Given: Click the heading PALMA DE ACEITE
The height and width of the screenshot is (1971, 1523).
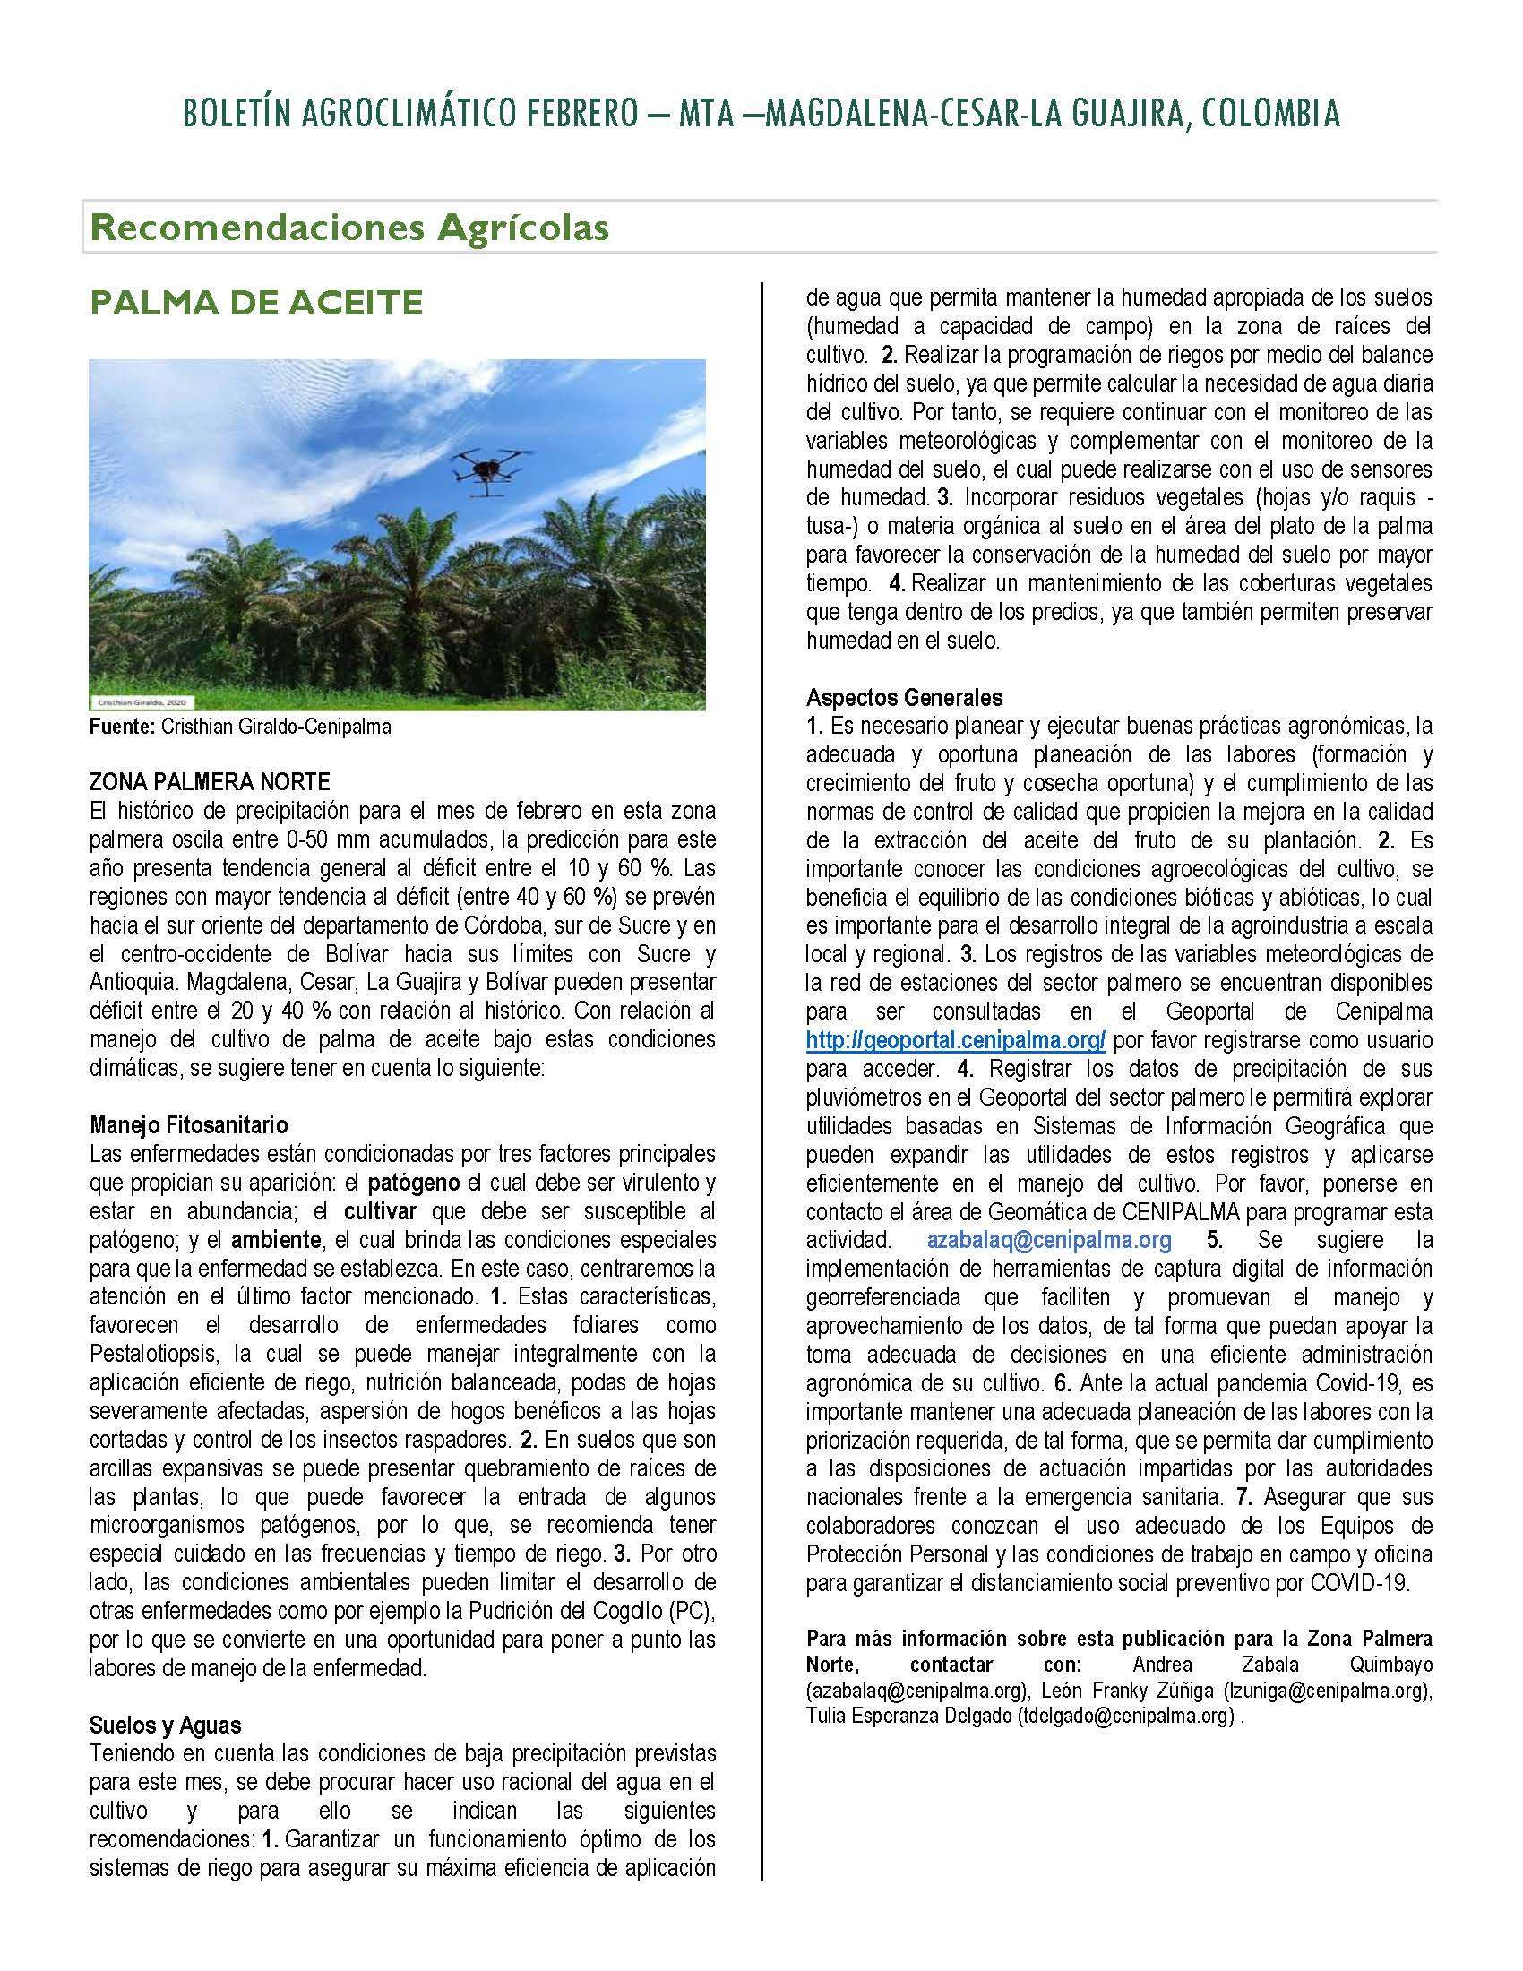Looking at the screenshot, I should tap(256, 303).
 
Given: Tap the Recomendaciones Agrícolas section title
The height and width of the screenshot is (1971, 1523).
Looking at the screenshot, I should tap(349, 228).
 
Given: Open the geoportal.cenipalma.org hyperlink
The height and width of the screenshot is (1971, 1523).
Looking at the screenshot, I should tap(956, 1039).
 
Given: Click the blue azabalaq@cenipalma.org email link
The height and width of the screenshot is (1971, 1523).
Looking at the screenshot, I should tap(1049, 1241).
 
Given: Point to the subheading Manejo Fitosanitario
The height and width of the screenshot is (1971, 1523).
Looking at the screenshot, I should tap(188, 1125).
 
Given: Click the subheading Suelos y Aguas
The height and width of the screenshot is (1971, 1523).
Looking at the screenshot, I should tap(165, 1726).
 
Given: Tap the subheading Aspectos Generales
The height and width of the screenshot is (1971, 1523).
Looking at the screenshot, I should tap(904, 697).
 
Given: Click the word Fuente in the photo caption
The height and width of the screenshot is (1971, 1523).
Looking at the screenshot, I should tap(122, 727).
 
